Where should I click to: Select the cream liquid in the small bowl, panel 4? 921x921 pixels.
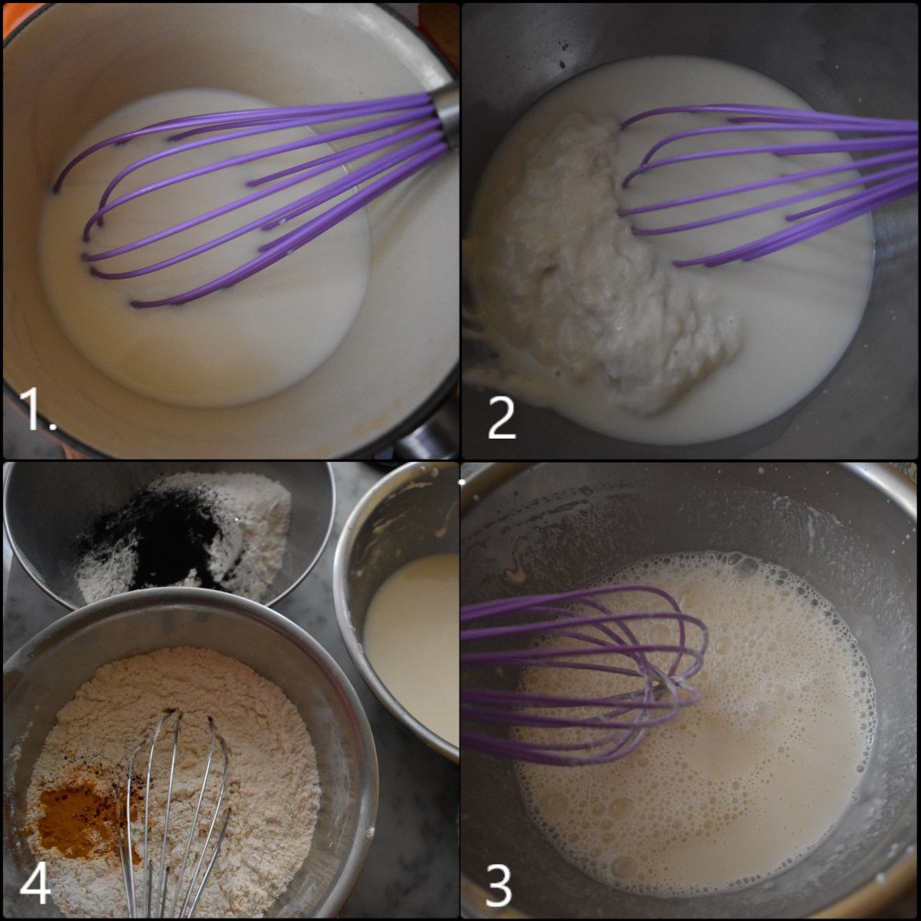coord(414,624)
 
